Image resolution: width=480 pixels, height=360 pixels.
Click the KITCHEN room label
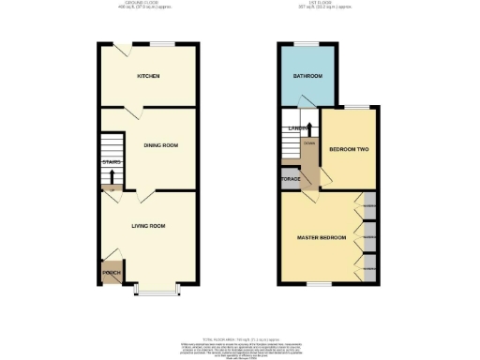(149, 76)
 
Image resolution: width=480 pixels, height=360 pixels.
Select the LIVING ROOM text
(148, 226)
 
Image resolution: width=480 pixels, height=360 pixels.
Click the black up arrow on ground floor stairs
(112, 174)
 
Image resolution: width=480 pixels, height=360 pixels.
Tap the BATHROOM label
(307, 76)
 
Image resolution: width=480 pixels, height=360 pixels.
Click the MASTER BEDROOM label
(319, 239)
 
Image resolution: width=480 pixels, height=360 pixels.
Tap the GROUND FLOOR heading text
(148, 5)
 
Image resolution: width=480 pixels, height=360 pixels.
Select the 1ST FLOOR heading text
(330, 5)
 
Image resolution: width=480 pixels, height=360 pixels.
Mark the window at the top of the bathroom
(307, 43)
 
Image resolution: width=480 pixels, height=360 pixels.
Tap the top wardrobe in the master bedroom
(370, 205)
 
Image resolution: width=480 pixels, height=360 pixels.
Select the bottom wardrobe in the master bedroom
(370, 270)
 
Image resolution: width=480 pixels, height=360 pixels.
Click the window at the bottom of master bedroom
(319, 284)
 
